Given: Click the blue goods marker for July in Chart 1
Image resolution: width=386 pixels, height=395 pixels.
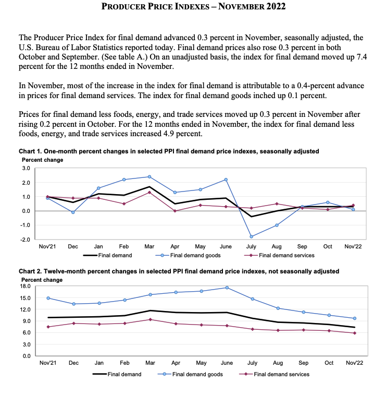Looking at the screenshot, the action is (x=251, y=236).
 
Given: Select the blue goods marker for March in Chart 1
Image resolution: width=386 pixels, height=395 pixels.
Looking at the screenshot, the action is (x=150, y=177).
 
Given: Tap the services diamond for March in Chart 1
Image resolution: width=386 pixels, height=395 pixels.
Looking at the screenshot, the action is (x=150, y=193).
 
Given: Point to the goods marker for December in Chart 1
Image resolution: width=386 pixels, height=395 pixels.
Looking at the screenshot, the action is (x=73, y=212).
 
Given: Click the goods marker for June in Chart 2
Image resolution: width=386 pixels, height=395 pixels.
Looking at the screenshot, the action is (x=227, y=288).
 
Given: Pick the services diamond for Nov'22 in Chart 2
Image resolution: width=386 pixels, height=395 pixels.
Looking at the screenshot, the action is (x=355, y=333).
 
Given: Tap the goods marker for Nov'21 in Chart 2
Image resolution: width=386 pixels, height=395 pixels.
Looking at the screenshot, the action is (x=48, y=298).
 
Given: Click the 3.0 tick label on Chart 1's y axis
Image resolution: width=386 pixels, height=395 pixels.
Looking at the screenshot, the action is (x=26, y=168).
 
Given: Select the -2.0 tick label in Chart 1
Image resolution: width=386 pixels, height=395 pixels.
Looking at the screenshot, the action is (x=25, y=240).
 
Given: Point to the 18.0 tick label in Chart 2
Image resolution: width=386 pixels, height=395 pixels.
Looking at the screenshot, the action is (x=25, y=286).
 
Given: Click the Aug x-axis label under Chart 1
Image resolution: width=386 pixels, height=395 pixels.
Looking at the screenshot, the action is (x=277, y=247).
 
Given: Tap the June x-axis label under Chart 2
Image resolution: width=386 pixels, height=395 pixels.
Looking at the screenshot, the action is (x=227, y=363).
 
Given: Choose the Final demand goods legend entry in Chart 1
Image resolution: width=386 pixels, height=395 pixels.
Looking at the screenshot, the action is (x=188, y=256).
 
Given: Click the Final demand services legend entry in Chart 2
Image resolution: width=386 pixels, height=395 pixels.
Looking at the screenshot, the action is (x=275, y=374).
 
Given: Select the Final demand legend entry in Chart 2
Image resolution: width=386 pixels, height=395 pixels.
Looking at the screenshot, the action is (x=117, y=374).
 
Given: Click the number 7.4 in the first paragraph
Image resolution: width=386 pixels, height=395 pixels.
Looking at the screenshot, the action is (x=362, y=57).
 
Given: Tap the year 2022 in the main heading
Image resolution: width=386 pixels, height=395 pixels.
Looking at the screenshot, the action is (x=276, y=6).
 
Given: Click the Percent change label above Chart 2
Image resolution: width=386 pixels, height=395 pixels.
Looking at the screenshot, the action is (x=42, y=280).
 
